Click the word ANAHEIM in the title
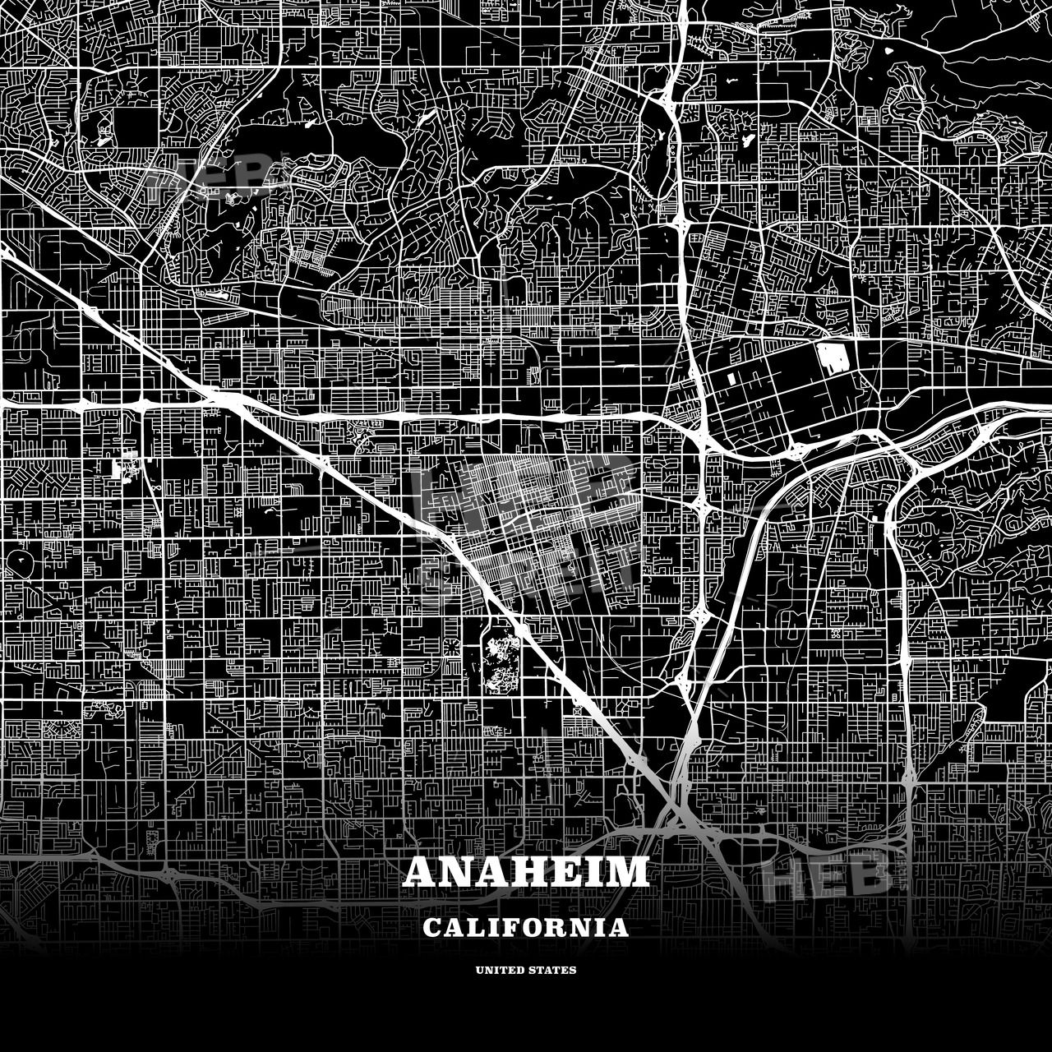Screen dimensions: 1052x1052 526,872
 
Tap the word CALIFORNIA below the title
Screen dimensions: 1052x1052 526,928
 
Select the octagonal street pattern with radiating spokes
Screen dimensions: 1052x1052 452,647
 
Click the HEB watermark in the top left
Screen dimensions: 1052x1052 205,177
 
